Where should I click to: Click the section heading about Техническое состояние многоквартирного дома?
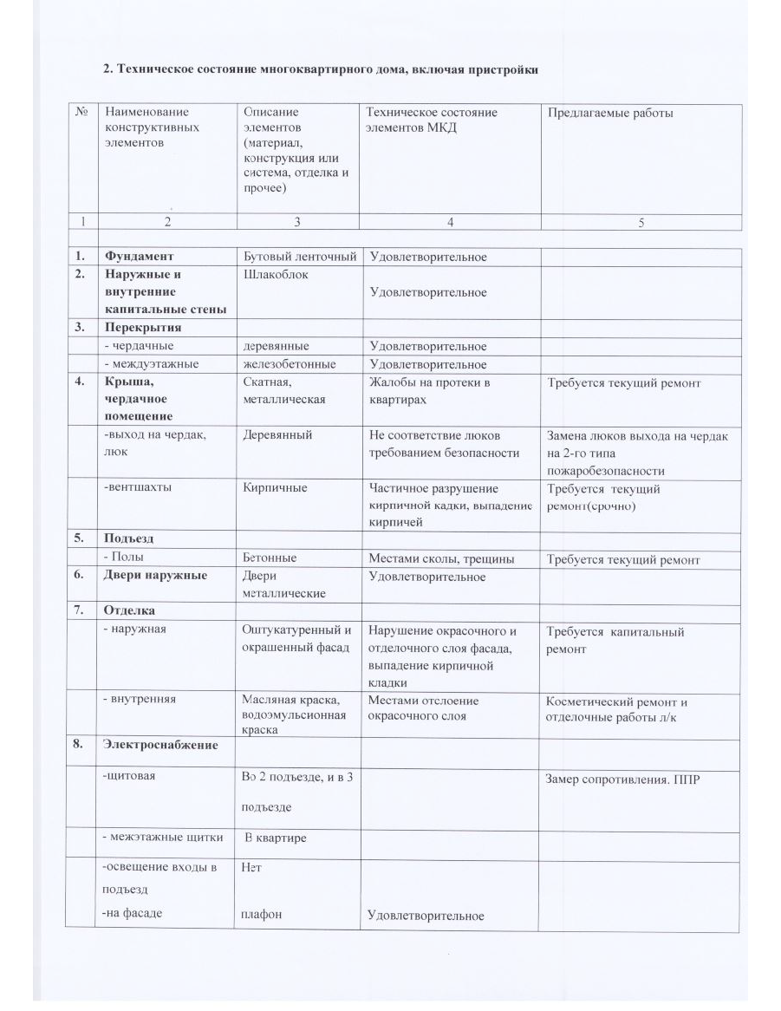point(321,69)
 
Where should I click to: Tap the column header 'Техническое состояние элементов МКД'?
point(432,119)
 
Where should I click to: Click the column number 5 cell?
point(641,222)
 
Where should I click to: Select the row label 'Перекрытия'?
point(143,328)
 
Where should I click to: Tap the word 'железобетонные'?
point(290,364)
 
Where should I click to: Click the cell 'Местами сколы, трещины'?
point(441,559)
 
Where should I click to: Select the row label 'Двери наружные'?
point(155,576)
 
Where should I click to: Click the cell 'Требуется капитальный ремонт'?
point(615,640)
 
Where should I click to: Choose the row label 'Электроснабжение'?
point(160,745)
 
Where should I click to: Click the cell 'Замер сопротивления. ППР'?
point(622,779)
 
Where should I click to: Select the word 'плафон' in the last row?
point(261,916)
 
